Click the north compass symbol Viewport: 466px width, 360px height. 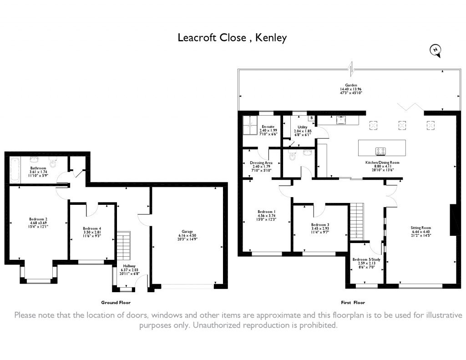coord(436,51)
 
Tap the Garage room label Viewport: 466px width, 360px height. coord(187,235)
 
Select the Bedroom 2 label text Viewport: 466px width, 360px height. coord(38,223)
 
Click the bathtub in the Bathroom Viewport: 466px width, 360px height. coord(15,170)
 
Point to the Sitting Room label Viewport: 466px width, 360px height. coord(420,231)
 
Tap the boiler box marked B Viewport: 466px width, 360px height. coord(311,118)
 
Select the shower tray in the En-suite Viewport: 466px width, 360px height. coord(250,126)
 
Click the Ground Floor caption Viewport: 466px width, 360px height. coord(116,303)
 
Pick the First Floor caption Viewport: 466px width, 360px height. coord(353,303)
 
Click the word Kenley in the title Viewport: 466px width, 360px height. coord(271,38)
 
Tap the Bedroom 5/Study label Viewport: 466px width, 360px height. coord(366,263)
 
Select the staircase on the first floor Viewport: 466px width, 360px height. coord(356,221)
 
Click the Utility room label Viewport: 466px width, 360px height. coord(303,131)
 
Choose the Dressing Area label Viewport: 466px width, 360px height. coord(261,167)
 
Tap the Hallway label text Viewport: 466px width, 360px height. coord(129,269)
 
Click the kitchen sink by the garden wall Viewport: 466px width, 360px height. coord(340,120)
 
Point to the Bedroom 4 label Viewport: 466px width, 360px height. coord(92,232)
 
